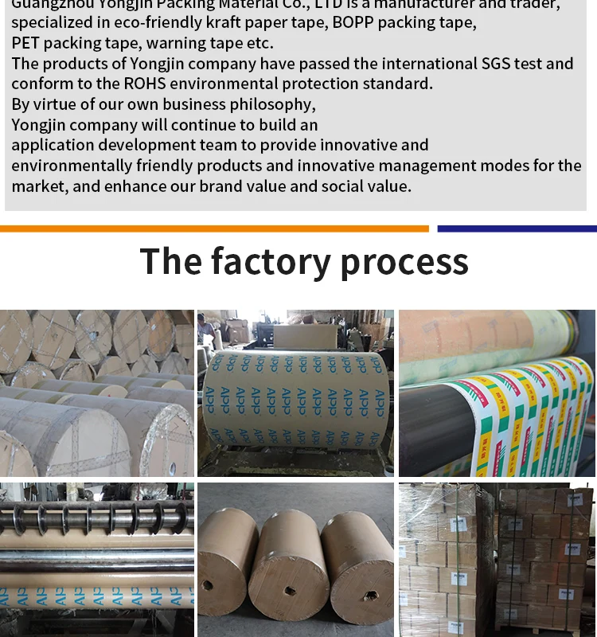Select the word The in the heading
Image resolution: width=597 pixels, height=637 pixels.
(x=170, y=261)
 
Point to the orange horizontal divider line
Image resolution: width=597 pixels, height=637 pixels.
(x=214, y=229)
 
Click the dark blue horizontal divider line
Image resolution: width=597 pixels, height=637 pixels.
(x=517, y=229)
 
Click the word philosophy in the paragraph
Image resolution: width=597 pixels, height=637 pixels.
(x=272, y=104)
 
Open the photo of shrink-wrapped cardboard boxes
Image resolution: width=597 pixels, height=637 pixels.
(x=497, y=560)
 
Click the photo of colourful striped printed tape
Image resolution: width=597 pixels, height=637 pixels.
(x=497, y=393)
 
